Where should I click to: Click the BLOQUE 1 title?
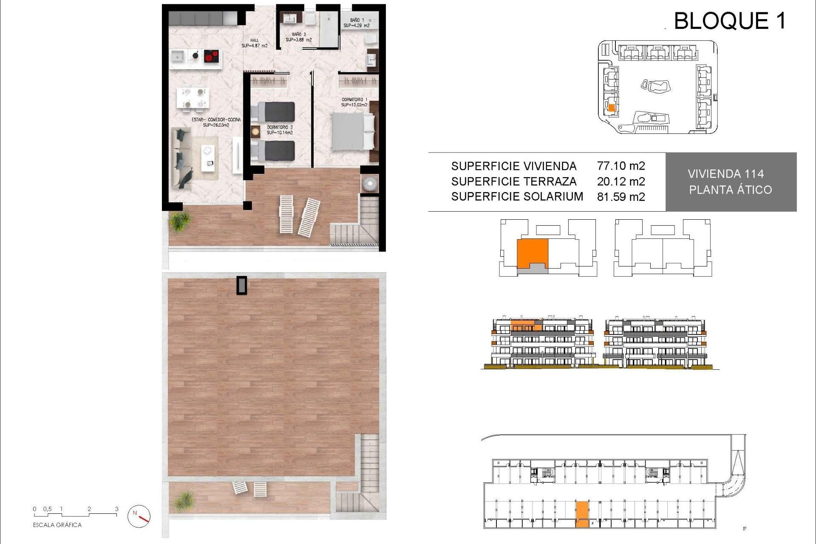coord(729,21)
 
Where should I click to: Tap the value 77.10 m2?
coord(621,166)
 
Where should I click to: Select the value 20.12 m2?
coord(621,181)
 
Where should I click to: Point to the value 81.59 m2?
coord(621,197)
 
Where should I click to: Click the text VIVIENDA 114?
coord(725,174)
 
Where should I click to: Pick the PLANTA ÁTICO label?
coord(730,190)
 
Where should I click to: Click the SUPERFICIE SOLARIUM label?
coord(517,197)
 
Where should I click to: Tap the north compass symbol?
coord(139,516)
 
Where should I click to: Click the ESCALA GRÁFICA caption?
coord(57,525)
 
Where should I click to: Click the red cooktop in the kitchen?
coord(211,56)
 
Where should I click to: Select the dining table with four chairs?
coord(193,97)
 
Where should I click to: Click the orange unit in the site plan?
coord(612,108)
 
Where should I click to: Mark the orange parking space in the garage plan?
coord(582,514)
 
